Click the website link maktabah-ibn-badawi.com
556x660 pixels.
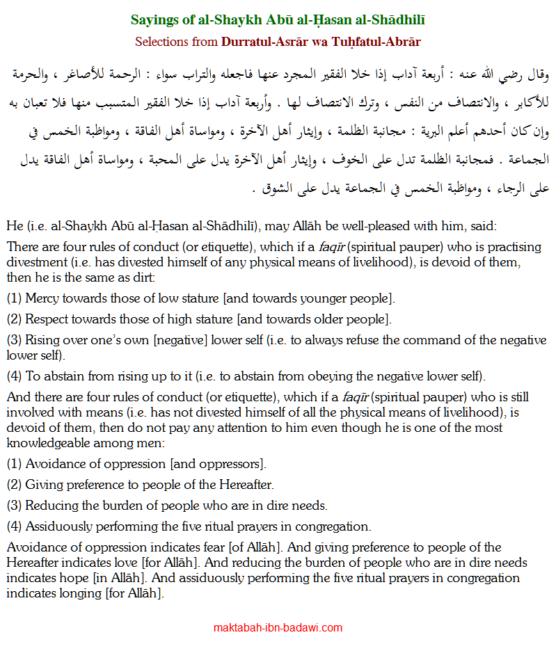click(278, 627)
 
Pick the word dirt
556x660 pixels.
click(143, 278)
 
